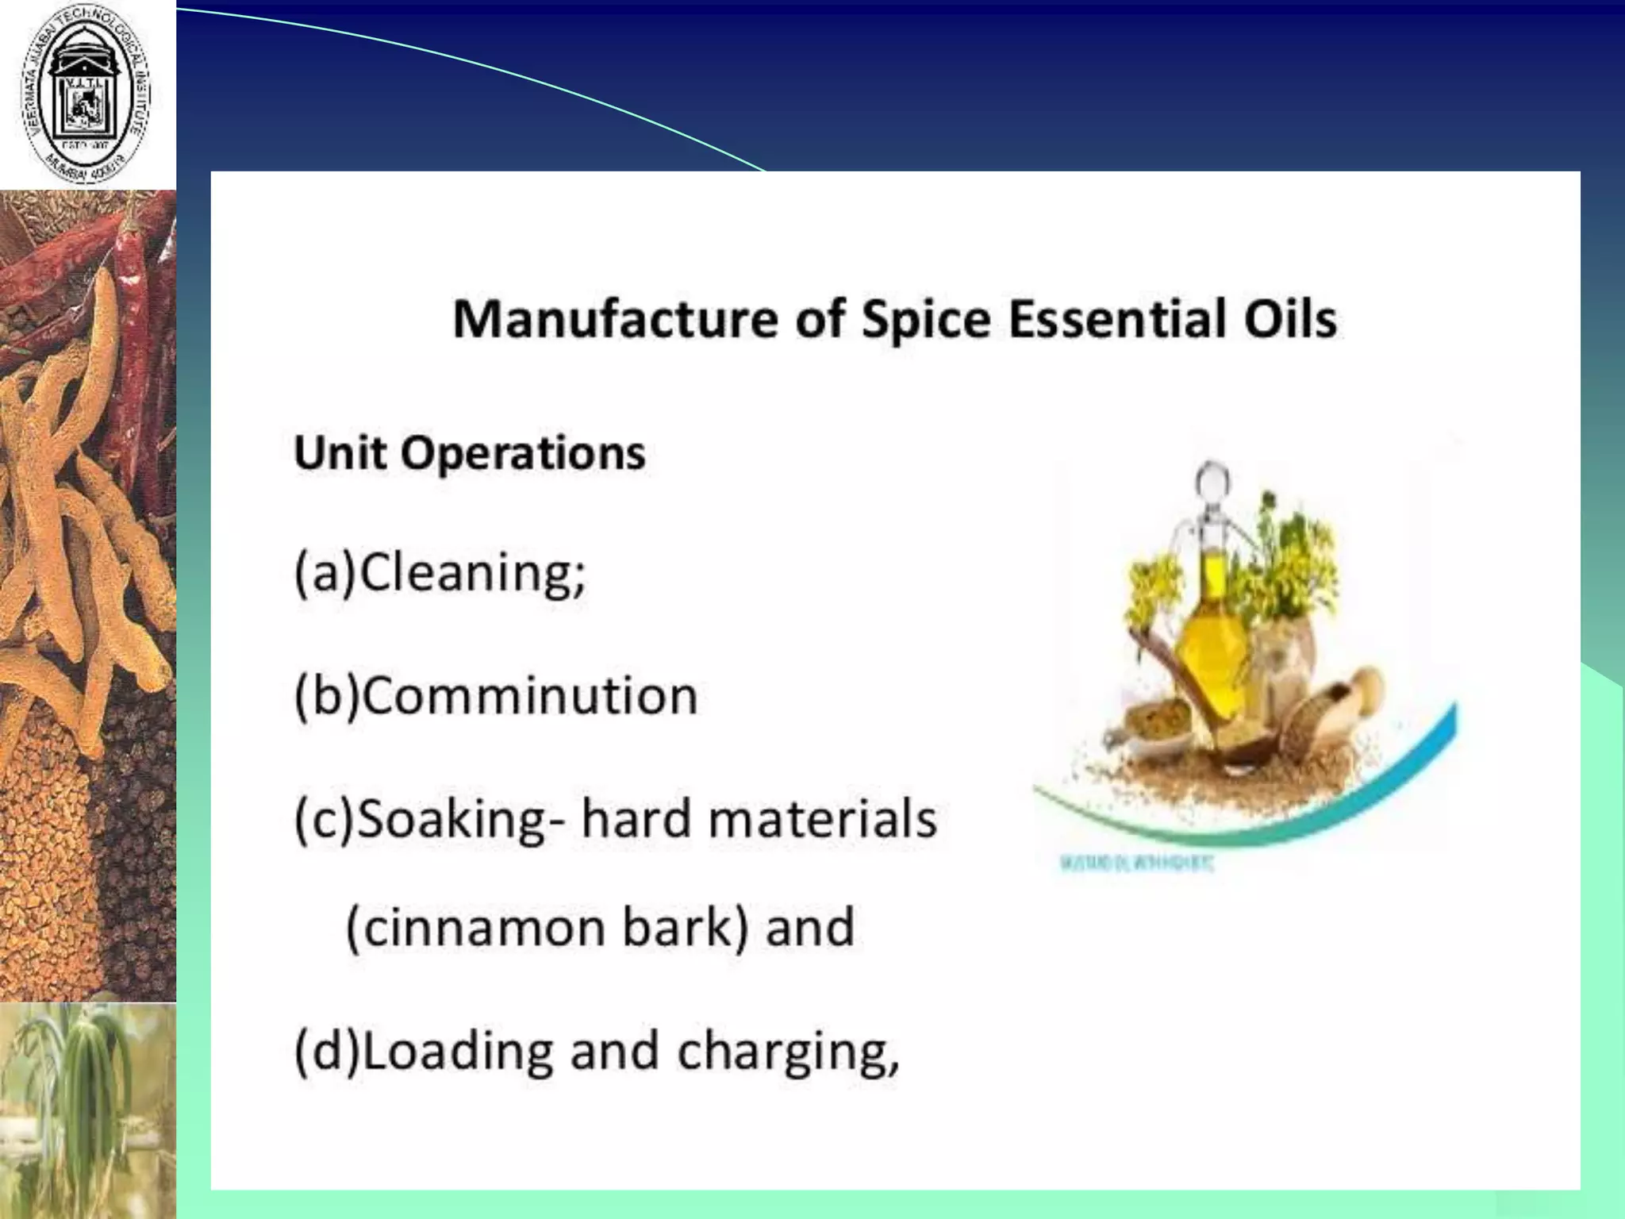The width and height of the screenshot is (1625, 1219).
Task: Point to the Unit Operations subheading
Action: coord(469,453)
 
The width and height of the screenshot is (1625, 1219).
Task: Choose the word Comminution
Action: coord(529,696)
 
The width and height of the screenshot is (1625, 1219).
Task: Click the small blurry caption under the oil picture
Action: coord(1135,864)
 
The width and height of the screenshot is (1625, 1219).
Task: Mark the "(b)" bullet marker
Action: coord(326,696)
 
